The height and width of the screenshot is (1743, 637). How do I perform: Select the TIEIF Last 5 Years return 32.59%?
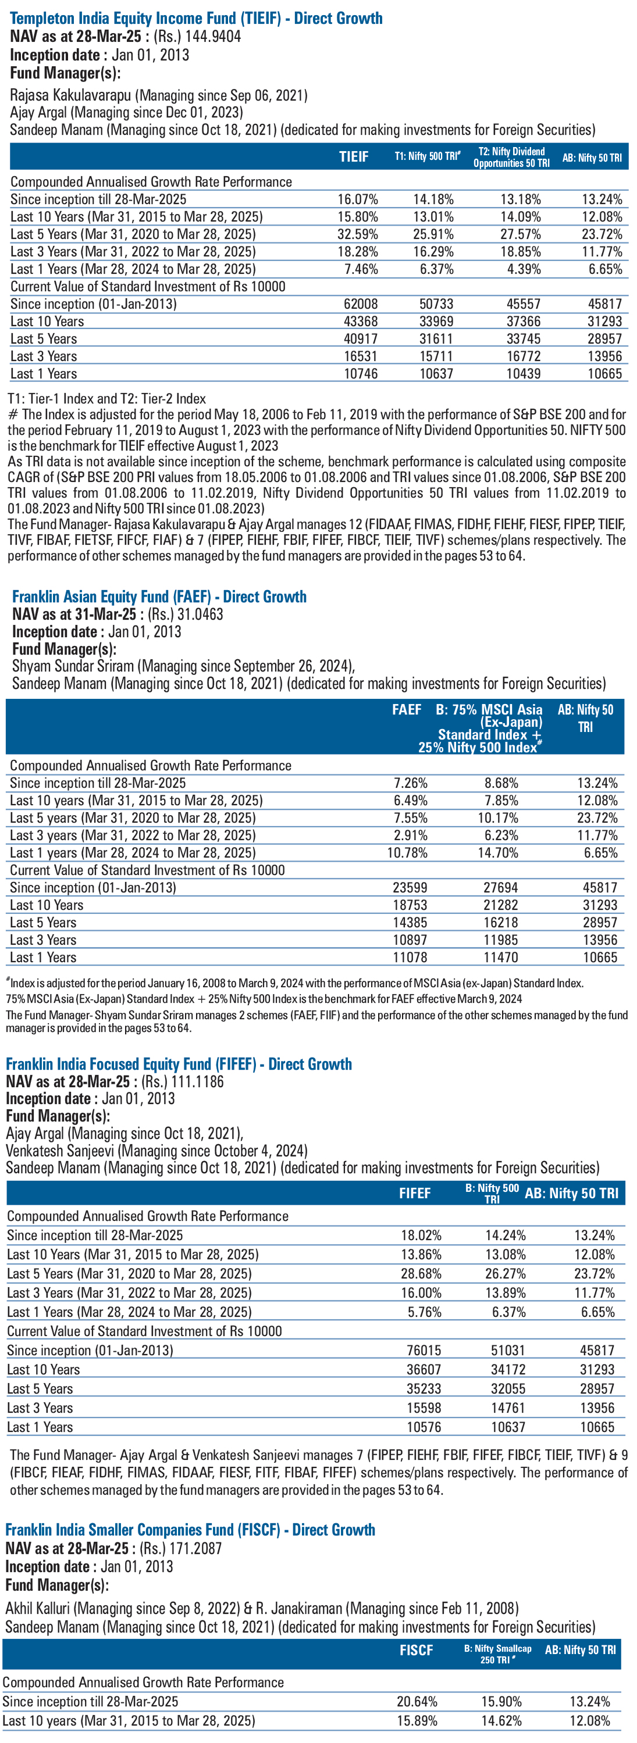[357, 234]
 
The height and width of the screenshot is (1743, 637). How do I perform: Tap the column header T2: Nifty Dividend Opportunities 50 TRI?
[511, 157]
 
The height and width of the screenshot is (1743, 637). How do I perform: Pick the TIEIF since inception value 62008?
[361, 305]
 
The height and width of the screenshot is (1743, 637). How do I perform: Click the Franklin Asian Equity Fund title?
[159, 597]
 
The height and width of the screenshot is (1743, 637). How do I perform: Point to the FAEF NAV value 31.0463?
[200, 615]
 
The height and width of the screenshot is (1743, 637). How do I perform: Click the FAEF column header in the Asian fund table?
[406, 710]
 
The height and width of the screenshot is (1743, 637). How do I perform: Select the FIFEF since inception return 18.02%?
[421, 1235]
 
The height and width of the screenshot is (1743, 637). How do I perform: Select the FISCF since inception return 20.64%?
[417, 1702]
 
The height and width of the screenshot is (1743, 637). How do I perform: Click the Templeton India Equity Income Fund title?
[196, 18]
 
